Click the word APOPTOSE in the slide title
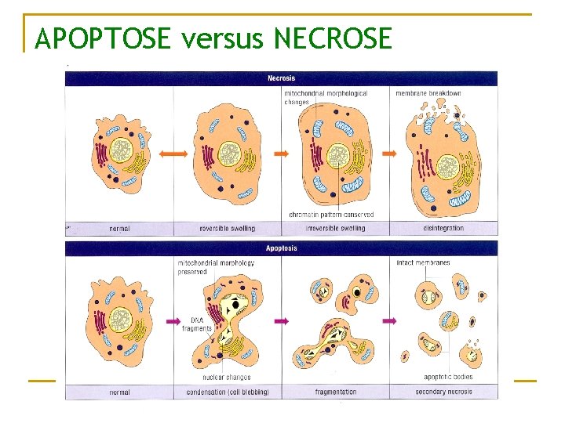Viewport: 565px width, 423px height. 102,37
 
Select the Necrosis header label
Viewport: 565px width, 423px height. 281,78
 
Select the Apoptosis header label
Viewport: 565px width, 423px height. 281,249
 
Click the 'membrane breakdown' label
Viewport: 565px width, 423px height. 428,93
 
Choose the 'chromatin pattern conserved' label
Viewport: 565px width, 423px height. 331,215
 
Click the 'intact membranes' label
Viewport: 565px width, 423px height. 424,262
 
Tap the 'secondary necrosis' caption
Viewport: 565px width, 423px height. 443,392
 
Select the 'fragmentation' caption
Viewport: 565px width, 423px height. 335,392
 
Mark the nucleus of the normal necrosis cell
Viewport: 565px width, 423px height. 121,150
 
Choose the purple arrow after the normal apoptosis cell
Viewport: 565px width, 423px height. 174,321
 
